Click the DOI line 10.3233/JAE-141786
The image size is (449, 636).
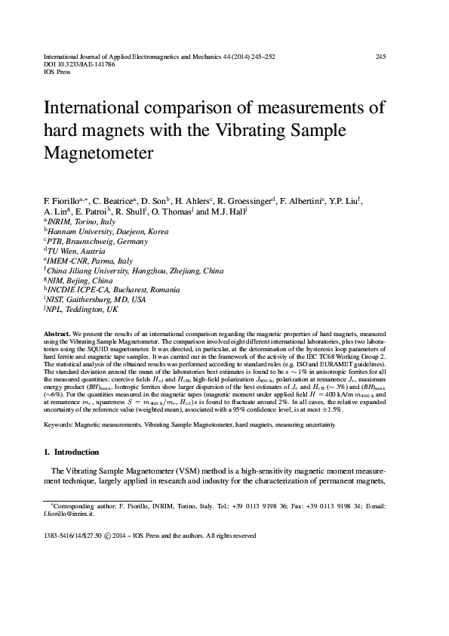click(x=79, y=65)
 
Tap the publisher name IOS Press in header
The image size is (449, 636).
click(x=60, y=73)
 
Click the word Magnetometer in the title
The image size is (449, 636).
click(x=100, y=153)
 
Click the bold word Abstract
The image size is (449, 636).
click(x=57, y=333)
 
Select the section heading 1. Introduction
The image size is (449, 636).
click(x=71, y=452)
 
